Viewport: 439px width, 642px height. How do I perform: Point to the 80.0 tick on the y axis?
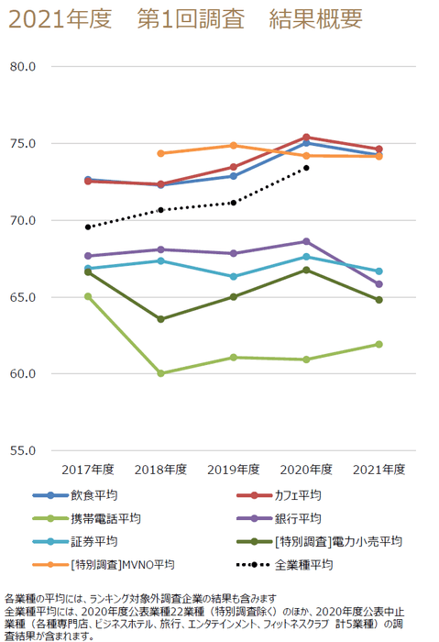pyautogui.click(x=22, y=67)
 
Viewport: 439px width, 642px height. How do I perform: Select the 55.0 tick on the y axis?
pyautogui.click(x=22, y=451)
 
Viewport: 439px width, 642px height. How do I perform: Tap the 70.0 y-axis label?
pyautogui.click(x=22, y=221)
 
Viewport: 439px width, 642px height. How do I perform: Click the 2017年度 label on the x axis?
pyautogui.click(x=88, y=470)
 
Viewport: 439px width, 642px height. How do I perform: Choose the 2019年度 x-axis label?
pyautogui.click(x=234, y=470)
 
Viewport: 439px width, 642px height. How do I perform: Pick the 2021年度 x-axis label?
pyautogui.click(x=379, y=470)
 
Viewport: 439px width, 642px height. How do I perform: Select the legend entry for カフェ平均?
pyautogui.click(x=297, y=495)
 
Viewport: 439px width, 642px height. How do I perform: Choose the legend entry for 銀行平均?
pyautogui.click(x=297, y=518)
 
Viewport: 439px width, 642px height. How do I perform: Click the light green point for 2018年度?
pyautogui.click(x=161, y=373)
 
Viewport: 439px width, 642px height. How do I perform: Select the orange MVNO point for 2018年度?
pyautogui.click(x=161, y=153)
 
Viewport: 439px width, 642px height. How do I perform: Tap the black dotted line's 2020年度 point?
pyautogui.click(x=306, y=168)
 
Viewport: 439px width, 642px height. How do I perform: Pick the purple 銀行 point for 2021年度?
pyautogui.click(x=379, y=284)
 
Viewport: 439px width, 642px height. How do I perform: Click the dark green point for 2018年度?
pyautogui.click(x=161, y=319)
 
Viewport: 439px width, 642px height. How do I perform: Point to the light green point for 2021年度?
pyautogui.click(x=379, y=344)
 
